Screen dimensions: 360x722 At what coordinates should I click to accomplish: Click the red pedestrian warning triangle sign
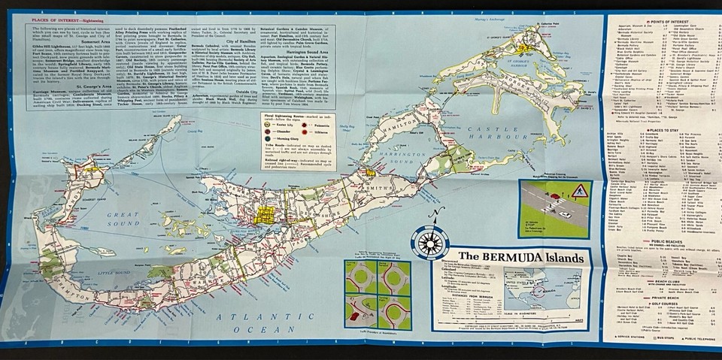pos(581,191)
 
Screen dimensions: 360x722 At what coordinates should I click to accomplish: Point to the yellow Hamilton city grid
pos(265,214)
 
